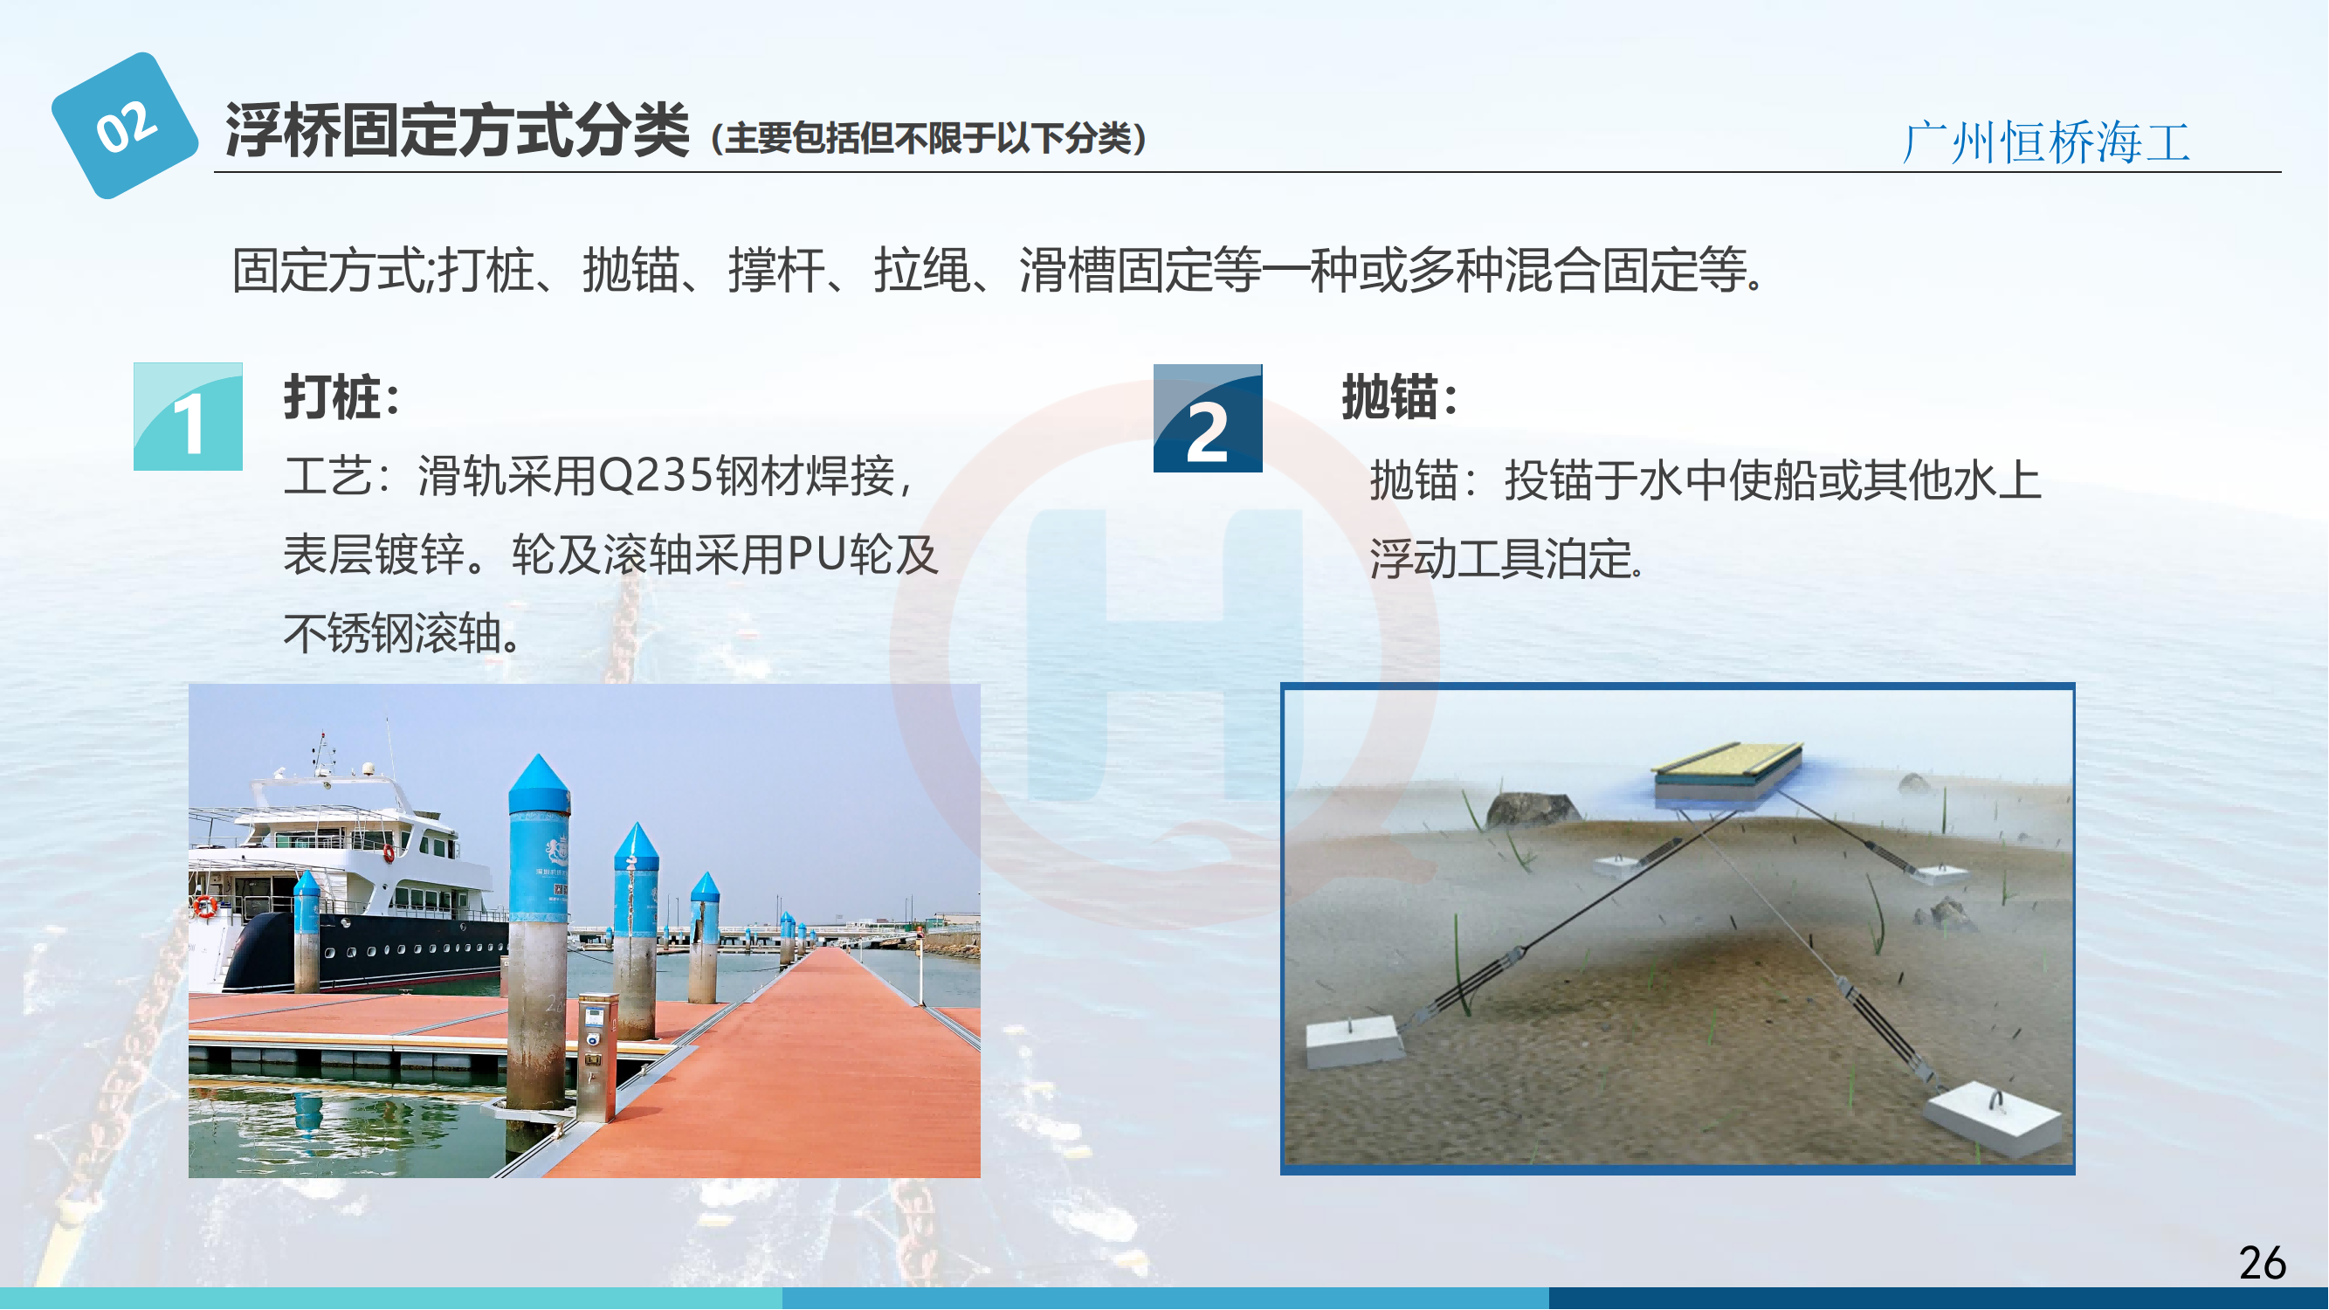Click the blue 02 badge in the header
click(125, 125)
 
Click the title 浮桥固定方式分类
click(458, 131)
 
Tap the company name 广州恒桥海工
click(2046, 143)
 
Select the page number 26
click(2263, 1262)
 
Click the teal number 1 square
click(188, 417)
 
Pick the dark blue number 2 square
click(1208, 417)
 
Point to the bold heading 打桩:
click(341, 396)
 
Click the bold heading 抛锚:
click(1400, 396)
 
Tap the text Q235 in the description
click(657, 476)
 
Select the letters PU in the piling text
click(817, 555)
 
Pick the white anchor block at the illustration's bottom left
click(1354, 1042)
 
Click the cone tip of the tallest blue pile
click(539, 755)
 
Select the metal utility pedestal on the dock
click(596, 1056)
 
